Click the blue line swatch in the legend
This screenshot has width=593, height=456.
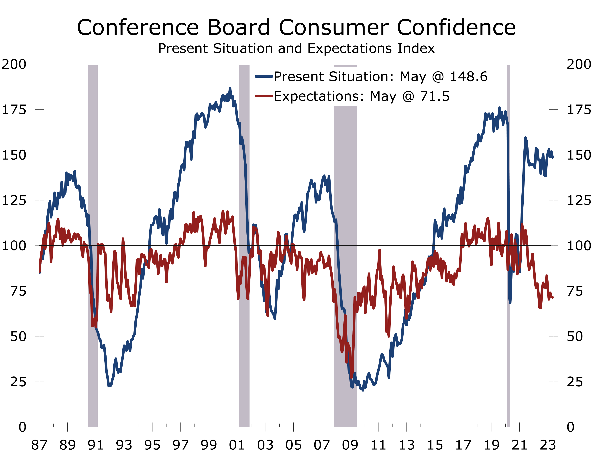264,77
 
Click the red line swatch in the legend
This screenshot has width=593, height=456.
264,96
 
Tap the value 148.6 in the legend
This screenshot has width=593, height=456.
469,77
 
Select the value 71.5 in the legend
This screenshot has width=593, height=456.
435,96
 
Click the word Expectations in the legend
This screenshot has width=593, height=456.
319,96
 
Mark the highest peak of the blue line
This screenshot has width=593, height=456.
230,88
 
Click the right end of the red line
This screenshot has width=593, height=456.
553,297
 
